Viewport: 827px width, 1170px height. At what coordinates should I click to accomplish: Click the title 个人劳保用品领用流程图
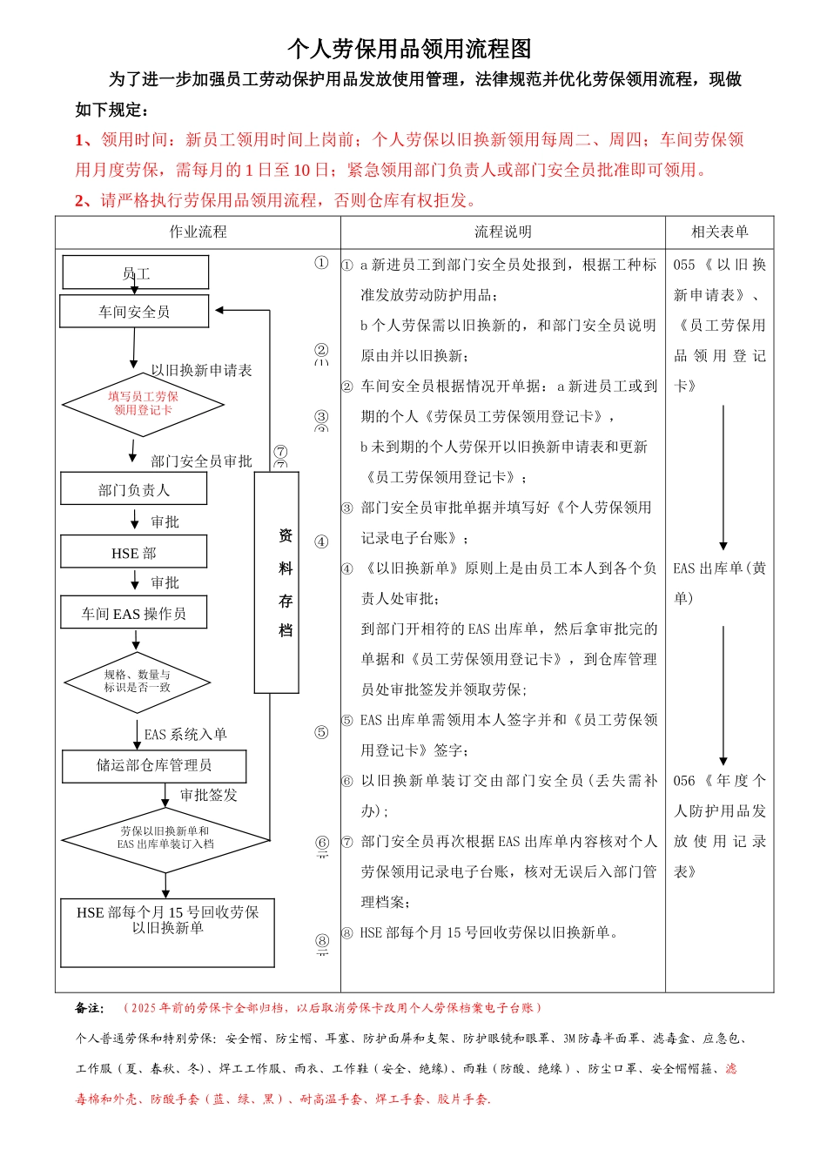[x=409, y=49]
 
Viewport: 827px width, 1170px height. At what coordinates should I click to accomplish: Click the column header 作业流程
[x=198, y=232]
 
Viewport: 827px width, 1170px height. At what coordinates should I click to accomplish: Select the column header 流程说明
[x=502, y=232]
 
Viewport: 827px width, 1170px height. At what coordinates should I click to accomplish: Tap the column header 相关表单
[x=719, y=232]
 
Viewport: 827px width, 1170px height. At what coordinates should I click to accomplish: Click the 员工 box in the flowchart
[x=136, y=272]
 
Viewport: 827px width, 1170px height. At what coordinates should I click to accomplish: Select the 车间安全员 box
[x=134, y=312]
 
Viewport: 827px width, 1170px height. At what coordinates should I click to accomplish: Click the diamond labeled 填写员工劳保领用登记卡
[x=143, y=403]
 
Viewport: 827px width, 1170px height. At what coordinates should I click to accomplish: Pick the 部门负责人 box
[x=134, y=490]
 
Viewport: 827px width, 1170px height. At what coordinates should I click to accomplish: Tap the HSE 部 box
[x=134, y=553]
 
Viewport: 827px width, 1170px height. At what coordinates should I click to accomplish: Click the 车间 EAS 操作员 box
[x=134, y=614]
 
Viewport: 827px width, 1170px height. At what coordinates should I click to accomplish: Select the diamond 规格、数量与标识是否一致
[x=138, y=681]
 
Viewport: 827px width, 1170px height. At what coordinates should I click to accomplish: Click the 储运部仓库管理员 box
[x=154, y=765]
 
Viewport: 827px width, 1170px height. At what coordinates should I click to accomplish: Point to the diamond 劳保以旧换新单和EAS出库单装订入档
[x=165, y=838]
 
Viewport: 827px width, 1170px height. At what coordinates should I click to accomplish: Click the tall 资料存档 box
[x=277, y=582]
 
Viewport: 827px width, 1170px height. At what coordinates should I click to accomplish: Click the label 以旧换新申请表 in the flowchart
[x=201, y=370]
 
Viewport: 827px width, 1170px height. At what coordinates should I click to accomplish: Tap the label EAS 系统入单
[x=185, y=734]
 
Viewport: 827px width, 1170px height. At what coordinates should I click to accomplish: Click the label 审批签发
[x=208, y=795]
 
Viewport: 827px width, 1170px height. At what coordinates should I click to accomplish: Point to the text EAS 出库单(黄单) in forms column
[x=719, y=582]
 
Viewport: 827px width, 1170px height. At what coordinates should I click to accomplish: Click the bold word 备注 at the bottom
[x=89, y=1008]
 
